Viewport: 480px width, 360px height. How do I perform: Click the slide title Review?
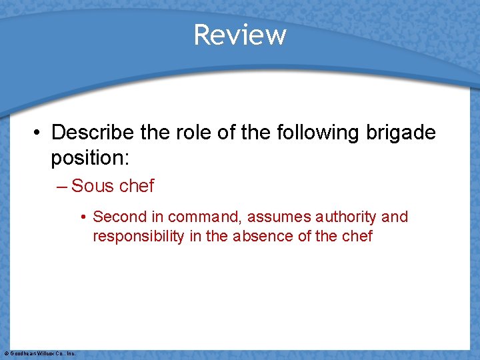[x=240, y=35]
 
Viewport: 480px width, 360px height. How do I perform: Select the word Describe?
[x=95, y=133]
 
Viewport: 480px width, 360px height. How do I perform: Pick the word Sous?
[x=92, y=186]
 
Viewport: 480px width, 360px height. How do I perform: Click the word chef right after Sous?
[x=136, y=186]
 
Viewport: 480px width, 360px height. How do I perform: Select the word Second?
[x=118, y=217]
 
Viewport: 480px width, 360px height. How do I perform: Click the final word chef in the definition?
[x=357, y=236]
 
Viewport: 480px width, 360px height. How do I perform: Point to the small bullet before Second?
[x=83, y=217]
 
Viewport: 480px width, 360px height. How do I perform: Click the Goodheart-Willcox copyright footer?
[x=40, y=353]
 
